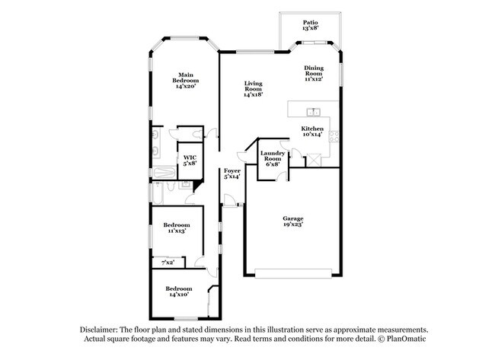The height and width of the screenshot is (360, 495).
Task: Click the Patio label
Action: pos(310,23)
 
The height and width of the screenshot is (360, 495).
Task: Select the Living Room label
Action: pos(253,86)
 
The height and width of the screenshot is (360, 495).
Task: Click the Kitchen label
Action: pos(312,129)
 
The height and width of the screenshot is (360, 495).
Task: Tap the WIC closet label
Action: pos(190,158)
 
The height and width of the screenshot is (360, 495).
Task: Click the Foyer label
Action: pos(232,170)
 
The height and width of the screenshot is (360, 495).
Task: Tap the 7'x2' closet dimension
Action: pos(168,263)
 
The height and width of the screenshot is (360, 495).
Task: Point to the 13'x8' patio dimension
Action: pos(310,29)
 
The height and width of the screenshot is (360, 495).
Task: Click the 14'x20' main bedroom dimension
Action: pos(185,86)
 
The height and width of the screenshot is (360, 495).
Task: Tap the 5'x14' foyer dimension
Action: pos(232,177)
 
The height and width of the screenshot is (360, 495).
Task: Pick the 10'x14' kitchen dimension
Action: pos(312,135)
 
